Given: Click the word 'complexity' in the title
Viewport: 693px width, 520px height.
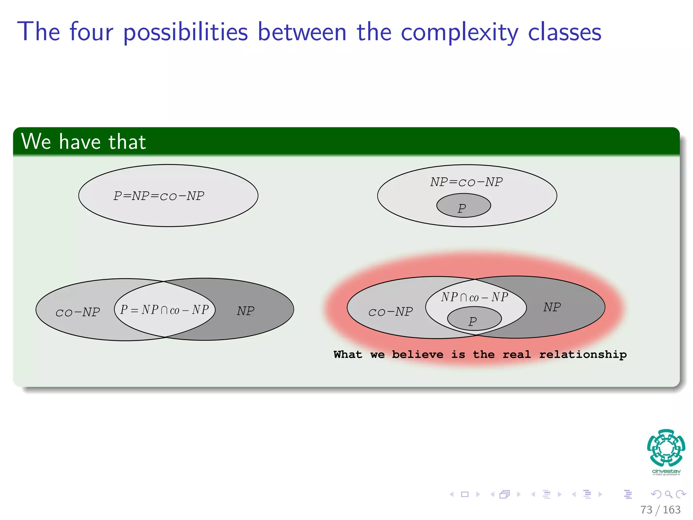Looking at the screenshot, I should click(459, 32).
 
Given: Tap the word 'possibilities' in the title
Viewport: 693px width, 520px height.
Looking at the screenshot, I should click(185, 32).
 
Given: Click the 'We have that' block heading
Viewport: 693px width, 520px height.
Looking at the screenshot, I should click(84, 142).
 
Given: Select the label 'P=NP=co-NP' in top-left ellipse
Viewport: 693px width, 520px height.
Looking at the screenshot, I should click(159, 196).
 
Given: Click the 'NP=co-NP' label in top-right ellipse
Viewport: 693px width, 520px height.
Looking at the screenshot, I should click(466, 182).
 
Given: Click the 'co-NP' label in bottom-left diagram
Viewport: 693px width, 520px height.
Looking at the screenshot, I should click(77, 312).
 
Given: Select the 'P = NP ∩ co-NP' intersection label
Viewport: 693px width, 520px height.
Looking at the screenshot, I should click(164, 310).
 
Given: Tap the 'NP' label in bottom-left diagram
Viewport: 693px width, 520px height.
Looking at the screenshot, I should click(245, 311).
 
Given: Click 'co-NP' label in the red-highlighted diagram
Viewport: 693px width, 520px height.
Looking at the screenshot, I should click(390, 312).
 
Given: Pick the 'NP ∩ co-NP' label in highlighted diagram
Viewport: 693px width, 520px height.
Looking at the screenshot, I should click(474, 297).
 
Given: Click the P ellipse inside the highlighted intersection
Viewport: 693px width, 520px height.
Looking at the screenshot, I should click(474, 319).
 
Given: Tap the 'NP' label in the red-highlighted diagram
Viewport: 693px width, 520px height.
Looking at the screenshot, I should click(552, 307).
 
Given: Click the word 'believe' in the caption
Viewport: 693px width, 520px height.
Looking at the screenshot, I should click(417, 354).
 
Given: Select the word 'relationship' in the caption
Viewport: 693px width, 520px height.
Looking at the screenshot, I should click(583, 354).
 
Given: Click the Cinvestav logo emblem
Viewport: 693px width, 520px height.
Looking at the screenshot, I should click(666, 448).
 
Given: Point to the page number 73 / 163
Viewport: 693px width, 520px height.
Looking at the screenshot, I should click(660, 510).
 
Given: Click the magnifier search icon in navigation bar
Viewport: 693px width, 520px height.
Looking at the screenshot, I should click(668, 494).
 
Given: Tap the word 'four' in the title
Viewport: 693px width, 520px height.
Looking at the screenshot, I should click(91, 32).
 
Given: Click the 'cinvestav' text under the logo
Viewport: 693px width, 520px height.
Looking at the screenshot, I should click(666, 471).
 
